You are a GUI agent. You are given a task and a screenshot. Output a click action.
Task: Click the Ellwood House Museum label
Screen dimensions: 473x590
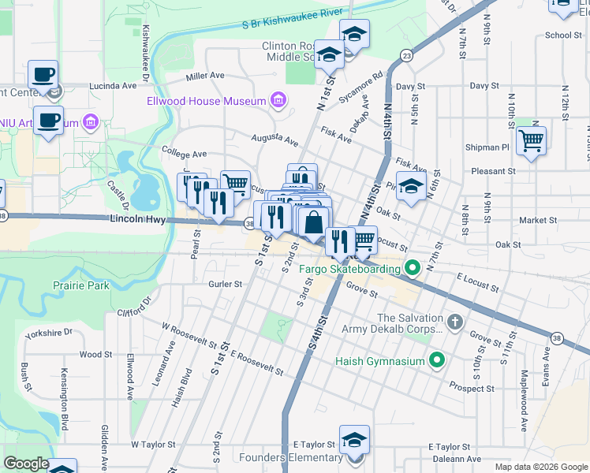click(206, 101)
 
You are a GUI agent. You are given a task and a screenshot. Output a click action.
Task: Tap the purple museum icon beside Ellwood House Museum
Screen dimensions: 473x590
click(277, 101)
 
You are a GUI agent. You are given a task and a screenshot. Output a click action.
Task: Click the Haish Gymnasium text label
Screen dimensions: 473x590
click(380, 362)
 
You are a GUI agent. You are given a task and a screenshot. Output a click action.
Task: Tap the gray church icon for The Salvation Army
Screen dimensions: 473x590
click(454, 322)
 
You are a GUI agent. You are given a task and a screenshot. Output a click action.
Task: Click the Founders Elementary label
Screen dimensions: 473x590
click(293, 458)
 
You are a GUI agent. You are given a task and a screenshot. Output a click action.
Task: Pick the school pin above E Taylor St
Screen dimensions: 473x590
click(354, 440)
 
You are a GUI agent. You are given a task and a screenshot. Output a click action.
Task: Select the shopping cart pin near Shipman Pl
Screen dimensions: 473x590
click(532, 141)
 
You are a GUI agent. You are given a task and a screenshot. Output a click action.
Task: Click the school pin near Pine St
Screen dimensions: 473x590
click(411, 187)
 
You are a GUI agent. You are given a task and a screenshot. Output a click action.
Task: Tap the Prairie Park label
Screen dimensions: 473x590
click(81, 285)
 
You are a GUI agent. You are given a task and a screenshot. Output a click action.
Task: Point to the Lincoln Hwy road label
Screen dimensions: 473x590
click(138, 220)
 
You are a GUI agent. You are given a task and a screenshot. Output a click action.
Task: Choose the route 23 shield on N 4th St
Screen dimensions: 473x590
click(405, 55)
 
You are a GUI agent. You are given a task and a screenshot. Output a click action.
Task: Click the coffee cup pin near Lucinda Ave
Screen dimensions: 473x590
click(43, 75)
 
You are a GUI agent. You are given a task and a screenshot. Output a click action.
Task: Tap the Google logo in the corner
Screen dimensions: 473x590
click(26, 464)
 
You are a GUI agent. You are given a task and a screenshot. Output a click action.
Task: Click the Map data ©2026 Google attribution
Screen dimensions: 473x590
click(540, 467)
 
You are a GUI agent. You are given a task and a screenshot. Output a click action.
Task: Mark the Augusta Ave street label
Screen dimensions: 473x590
click(274, 140)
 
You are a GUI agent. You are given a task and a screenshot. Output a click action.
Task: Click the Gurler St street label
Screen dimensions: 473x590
click(223, 283)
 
